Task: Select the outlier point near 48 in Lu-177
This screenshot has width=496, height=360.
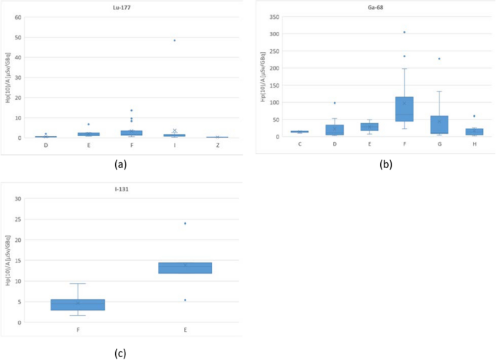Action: click(x=175, y=41)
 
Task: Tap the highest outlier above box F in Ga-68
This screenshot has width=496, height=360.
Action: click(x=404, y=32)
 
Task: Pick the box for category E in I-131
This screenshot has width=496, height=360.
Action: click(x=185, y=268)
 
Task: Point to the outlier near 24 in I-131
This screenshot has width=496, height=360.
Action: click(x=185, y=223)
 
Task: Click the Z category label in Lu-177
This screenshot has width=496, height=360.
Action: click(x=217, y=145)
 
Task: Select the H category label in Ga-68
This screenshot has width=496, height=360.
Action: click(x=474, y=144)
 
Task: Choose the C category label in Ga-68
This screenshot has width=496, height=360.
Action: click(x=300, y=144)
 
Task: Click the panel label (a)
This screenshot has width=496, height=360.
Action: click(x=121, y=164)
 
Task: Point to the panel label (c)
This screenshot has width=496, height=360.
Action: click(x=121, y=353)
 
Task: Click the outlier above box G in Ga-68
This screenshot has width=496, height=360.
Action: click(x=439, y=59)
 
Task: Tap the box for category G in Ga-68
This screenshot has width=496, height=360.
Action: click(x=439, y=125)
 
